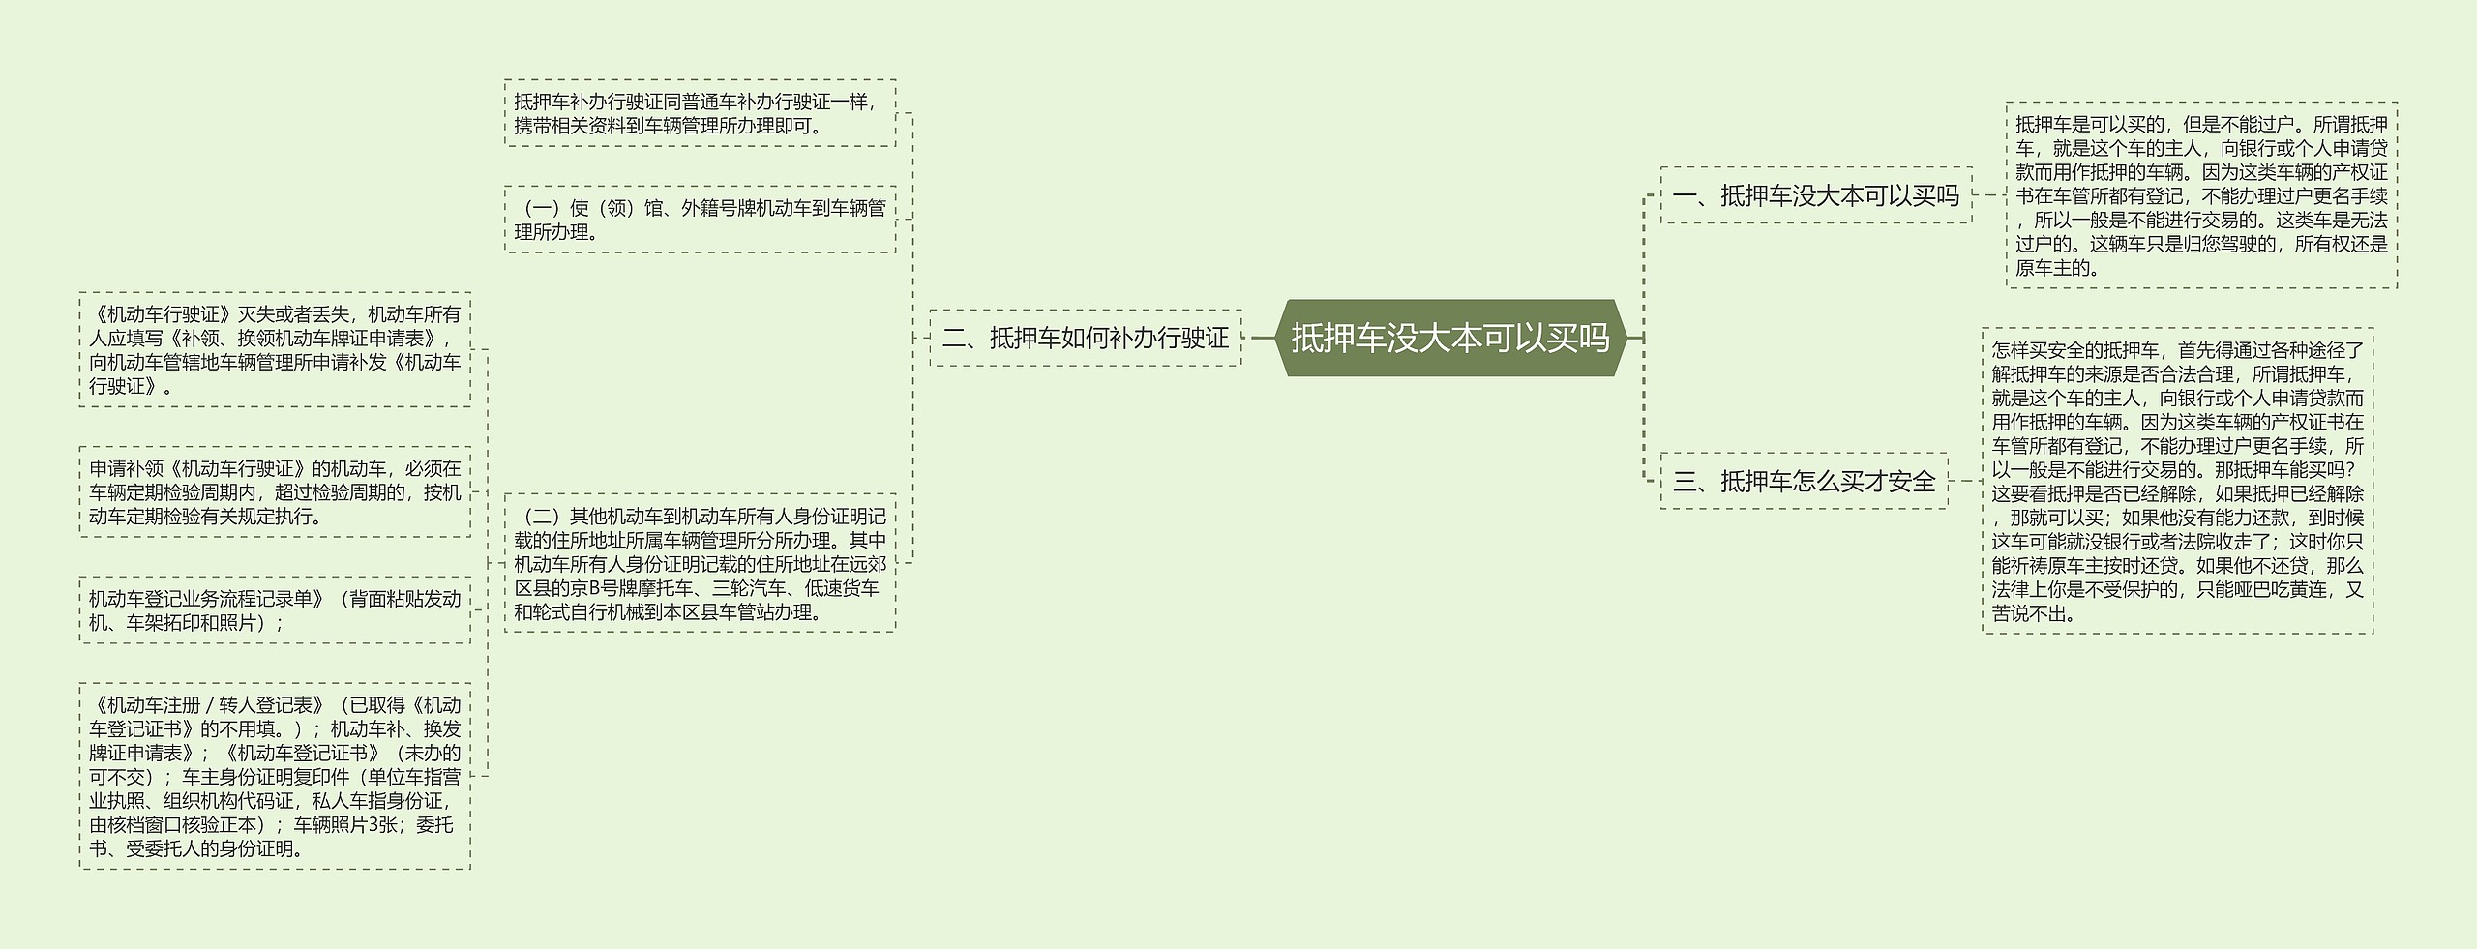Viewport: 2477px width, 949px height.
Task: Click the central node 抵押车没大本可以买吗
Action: click(1449, 338)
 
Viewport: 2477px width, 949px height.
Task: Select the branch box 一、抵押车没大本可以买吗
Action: click(1815, 195)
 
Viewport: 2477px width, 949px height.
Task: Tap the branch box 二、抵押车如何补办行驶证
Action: click(1085, 338)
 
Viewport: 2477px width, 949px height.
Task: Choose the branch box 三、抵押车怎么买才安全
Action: click(1804, 481)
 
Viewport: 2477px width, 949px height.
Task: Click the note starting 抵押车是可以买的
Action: click(2201, 195)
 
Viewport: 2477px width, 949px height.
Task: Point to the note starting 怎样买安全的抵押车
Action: click(2177, 481)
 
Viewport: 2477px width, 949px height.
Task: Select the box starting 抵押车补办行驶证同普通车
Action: click(700, 113)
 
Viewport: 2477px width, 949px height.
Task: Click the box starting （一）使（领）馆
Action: click(700, 220)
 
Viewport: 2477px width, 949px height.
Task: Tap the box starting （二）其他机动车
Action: click(700, 563)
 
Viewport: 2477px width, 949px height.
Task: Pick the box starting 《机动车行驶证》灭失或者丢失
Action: click(275, 349)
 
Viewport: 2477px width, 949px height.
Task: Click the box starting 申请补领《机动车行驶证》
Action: click(275, 491)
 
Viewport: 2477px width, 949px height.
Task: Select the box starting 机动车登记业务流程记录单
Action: click(275, 609)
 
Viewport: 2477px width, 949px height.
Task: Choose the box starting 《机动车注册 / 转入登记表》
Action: click(275, 776)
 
